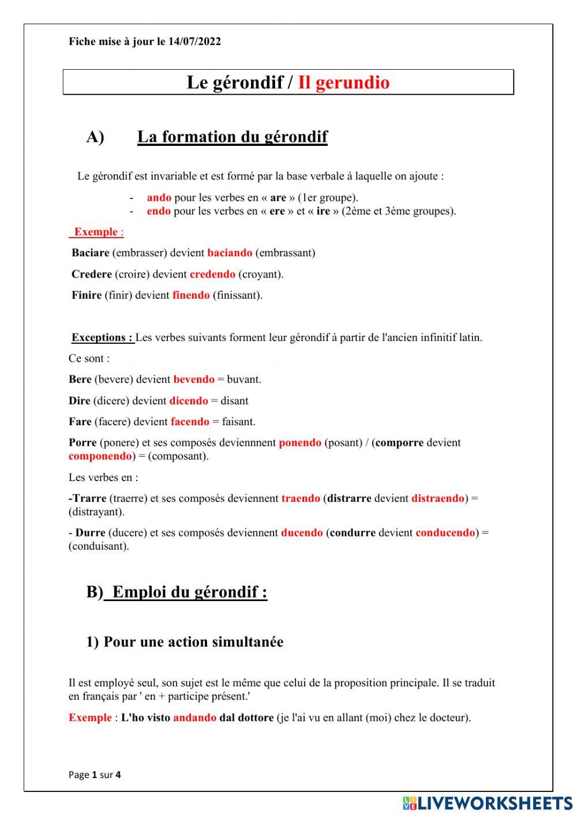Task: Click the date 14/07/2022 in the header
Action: [x=194, y=42]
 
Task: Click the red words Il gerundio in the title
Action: [x=343, y=82]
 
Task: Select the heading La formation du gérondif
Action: [x=232, y=137]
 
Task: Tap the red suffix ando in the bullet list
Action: [x=159, y=197]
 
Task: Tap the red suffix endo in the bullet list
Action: [x=158, y=211]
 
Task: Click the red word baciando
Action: [x=230, y=253]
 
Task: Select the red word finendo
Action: [x=191, y=295]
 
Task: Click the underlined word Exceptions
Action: [x=102, y=337]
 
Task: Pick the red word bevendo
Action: [x=194, y=380]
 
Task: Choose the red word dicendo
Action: [x=189, y=401]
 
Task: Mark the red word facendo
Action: [x=190, y=422]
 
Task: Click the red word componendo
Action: [x=100, y=456]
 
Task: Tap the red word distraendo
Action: [x=437, y=498]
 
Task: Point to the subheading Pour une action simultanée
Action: [x=193, y=642]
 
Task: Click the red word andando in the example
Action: [x=194, y=718]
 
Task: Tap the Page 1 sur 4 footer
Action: [x=95, y=775]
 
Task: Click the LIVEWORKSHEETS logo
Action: [x=488, y=803]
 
